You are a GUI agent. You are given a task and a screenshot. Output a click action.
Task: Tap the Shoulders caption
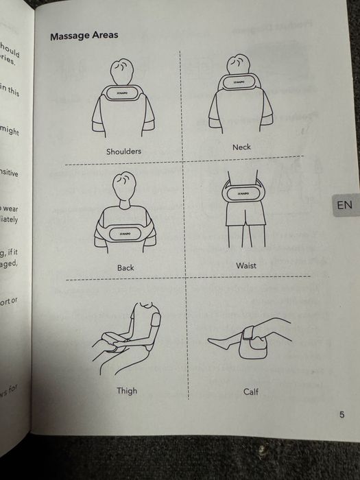pos(123,152)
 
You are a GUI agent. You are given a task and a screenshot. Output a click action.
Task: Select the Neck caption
pos(241,147)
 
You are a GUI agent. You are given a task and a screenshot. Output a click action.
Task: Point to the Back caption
pos(125,267)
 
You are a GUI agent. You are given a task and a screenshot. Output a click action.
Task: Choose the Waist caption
pos(245,265)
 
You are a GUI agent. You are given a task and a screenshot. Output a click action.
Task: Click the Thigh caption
pos(126,390)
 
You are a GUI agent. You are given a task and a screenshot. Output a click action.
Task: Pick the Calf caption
pos(251,392)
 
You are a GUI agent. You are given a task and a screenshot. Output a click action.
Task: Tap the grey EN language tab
pos(344,204)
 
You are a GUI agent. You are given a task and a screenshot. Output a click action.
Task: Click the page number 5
pos(341,414)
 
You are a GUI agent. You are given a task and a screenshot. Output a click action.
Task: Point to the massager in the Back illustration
pos(125,234)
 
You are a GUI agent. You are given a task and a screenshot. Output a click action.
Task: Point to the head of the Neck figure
pos(241,65)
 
